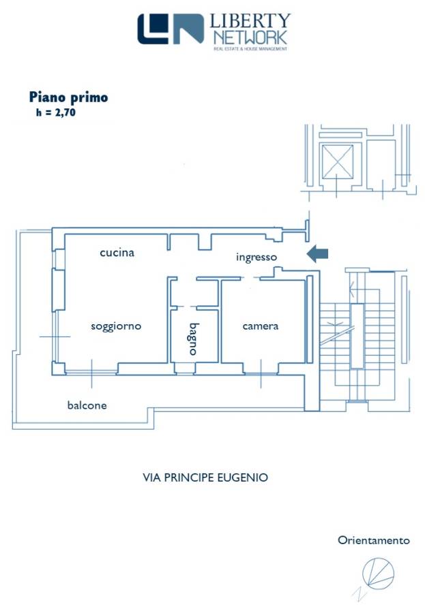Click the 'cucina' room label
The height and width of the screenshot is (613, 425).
pyautogui.click(x=117, y=253)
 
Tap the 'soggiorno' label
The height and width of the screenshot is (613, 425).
pyautogui.click(x=116, y=326)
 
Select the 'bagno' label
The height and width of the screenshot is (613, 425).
pyautogui.click(x=194, y=339)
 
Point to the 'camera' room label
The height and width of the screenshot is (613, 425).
pyautogui.click(x=261, y=326)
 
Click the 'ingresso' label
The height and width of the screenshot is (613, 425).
pyautogui.click(x=257, y=257)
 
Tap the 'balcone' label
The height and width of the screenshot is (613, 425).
pyautogui.click(x=87, y=405)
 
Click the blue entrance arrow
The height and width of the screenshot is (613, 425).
pyautogui.click(x=317, y=254)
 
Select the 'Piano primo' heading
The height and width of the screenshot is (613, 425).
pyautogui.click(x=68, y=97)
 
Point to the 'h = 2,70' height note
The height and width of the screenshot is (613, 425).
pyautogui.click(x=56, y=112)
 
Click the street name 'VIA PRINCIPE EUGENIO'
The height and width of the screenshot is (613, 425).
pyautogui.click(x=205, y=477)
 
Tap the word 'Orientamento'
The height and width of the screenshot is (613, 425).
pyautogui.click(x=374, y=540)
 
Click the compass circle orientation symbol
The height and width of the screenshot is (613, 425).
pyautogui.click(x=378, y=572)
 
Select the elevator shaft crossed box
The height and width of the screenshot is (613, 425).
pyautogui.click(x=337, y=161)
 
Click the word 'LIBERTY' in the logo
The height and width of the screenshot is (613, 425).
pyautogui.click(x=250, y=22)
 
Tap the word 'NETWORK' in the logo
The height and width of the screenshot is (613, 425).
pyautogui.click(x=250, y=38)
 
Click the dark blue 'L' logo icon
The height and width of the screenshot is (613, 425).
pyautogui.click(x=153, y=29)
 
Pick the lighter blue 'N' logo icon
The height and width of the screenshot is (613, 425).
pyautogui.click(x=188, y=29)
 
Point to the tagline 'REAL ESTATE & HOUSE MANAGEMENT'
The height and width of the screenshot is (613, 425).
pyautogui.click(x=250, y=49)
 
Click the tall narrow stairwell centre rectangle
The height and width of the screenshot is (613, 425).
pyautogui.click(x=357, y=336)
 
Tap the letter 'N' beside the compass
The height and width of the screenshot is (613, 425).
pyautogui.click(x=360, y=594)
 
